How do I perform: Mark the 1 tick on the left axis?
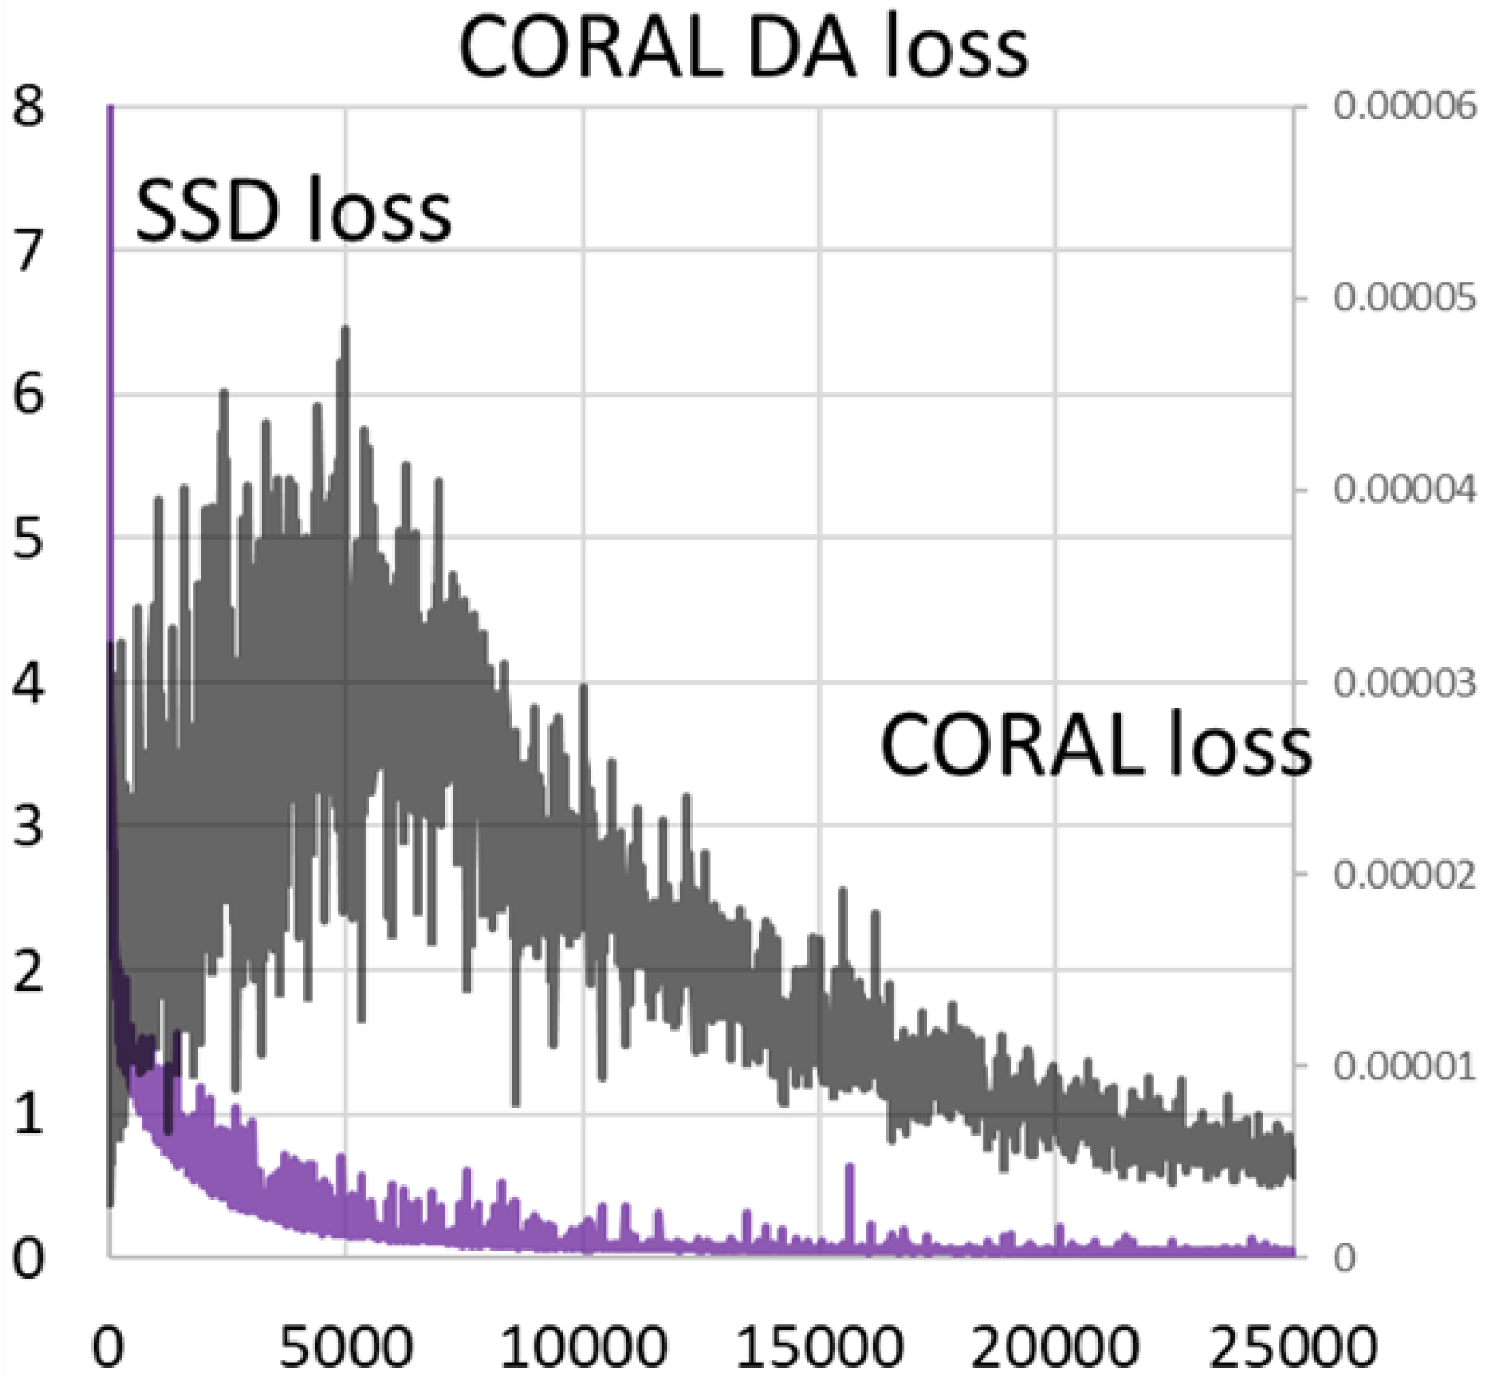(29, 1114)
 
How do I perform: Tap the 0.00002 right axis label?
(1403, 874)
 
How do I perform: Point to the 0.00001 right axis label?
(1403, 1066)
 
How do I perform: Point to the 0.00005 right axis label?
(1403, 298)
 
